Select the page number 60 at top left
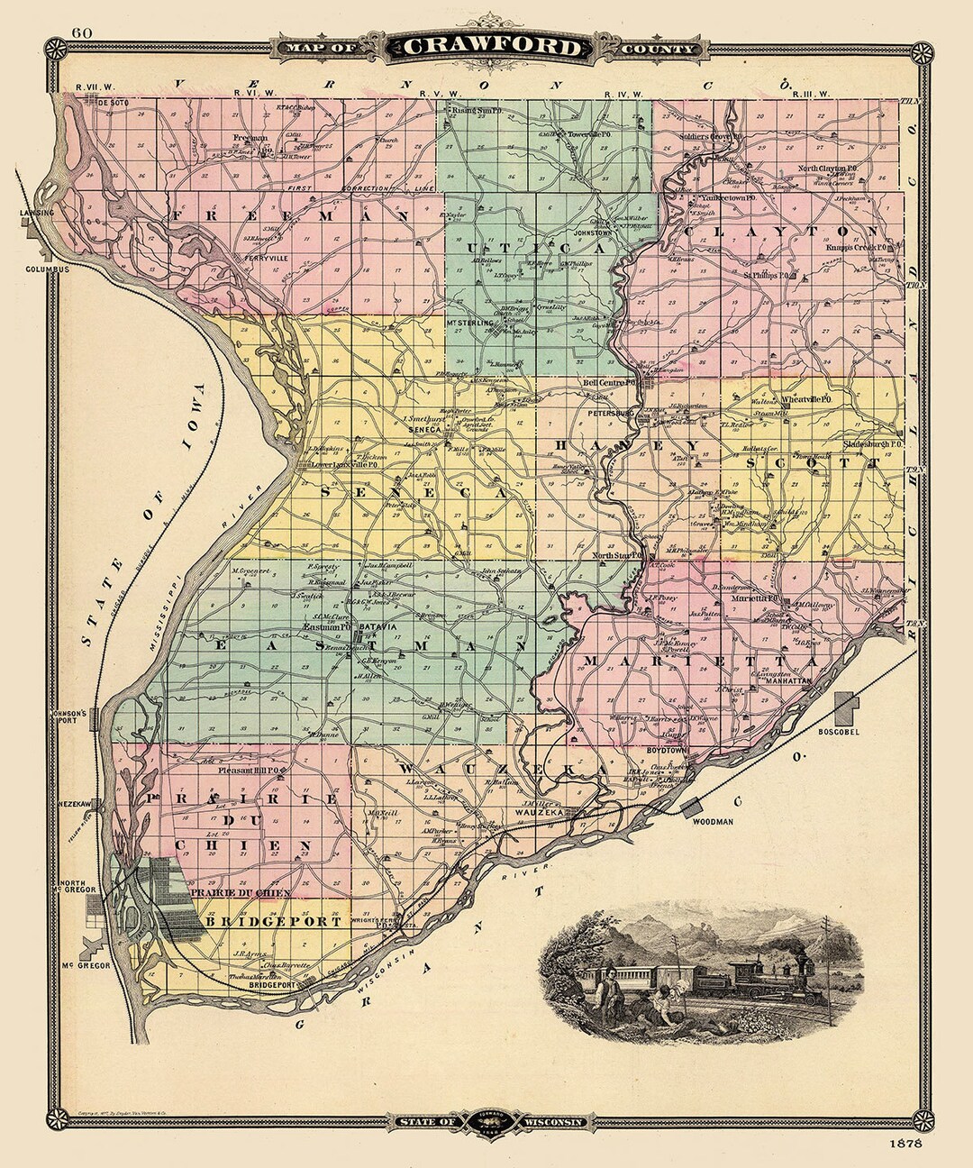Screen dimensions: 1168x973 coord(82,33)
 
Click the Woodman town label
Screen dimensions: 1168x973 coord(712,822)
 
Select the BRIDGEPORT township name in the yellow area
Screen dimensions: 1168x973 coord(273,922)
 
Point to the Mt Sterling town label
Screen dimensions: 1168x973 coord(470,322)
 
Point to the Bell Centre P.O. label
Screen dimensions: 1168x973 coord(610,383)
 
